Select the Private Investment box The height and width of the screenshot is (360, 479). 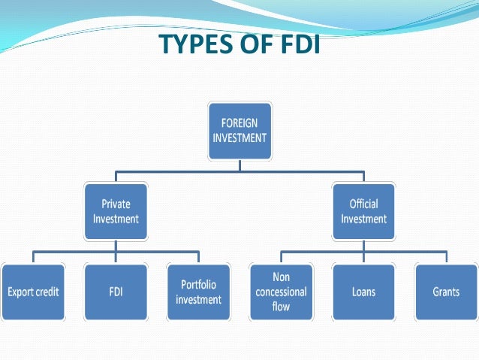tap(115, 211)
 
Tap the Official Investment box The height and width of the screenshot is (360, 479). tap(363, 211)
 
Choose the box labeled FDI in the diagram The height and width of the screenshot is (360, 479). tap(115, 291)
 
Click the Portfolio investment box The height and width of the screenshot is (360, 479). tap(198, 291)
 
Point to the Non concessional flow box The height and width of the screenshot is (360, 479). tap(280, 291)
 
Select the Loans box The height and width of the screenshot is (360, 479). tap(363, 291)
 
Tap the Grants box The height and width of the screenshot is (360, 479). tap(446, 291)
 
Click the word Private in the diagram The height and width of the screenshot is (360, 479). tap(115, 204)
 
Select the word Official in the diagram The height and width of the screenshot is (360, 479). tap(363, 204)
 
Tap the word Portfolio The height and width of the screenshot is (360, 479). tap(198, 284)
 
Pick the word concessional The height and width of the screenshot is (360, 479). tap(280, 292)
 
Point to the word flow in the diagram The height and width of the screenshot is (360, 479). tap(280, 306)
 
